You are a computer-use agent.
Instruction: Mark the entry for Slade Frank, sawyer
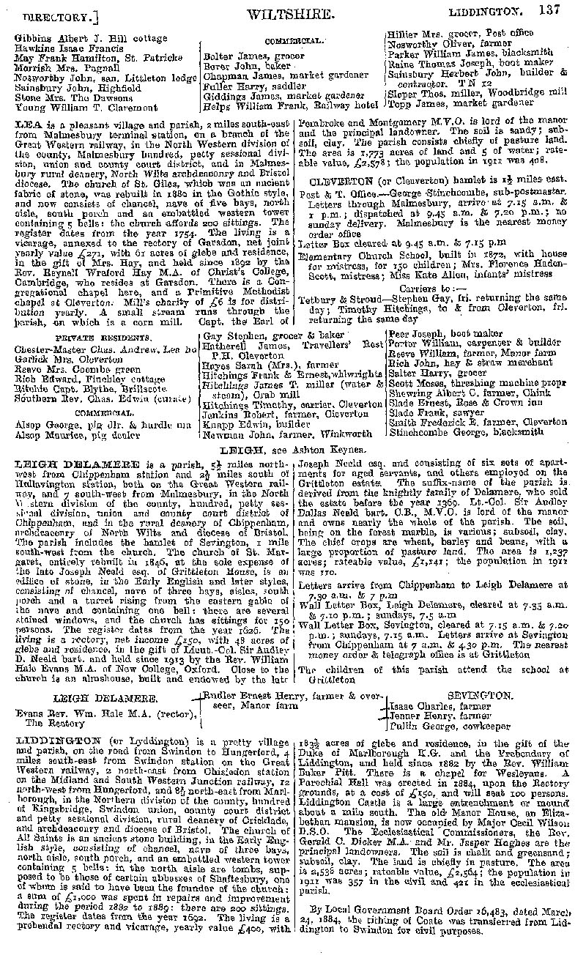422,412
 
